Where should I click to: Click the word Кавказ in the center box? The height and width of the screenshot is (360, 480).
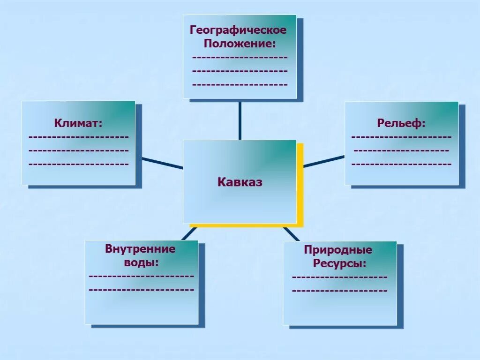click(240, 182)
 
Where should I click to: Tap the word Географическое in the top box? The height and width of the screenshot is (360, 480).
click(238, 30)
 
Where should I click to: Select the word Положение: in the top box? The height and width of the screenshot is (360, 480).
click(239, 44)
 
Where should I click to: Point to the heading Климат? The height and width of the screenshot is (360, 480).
click(78, 123)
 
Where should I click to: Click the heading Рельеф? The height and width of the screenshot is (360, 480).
click(401, 123)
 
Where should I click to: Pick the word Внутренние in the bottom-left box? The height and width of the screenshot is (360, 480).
click(140, 249)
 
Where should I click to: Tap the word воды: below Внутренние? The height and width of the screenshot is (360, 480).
click(141, 262)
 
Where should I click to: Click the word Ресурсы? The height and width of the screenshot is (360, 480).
click(339, 263)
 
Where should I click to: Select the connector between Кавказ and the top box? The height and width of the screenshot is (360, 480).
click(240, 120)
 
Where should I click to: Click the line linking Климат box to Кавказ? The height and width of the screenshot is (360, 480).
click(162, 163)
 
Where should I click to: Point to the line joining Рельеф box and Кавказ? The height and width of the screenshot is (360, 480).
click(323, 161)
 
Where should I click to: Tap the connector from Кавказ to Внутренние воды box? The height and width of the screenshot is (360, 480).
click(189, 233)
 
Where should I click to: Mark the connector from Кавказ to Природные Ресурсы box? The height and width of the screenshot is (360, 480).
click(291, 233)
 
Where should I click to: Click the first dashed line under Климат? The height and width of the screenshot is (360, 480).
click(78, 137)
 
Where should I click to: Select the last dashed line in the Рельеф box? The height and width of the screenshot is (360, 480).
click(401, 165)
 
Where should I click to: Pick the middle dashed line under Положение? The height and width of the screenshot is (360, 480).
click(240, 71)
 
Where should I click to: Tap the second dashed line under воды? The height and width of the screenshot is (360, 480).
click(141, 290)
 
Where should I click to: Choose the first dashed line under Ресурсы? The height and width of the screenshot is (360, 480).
click(339, 277)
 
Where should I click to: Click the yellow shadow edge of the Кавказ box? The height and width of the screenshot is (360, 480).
click(300, 187)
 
